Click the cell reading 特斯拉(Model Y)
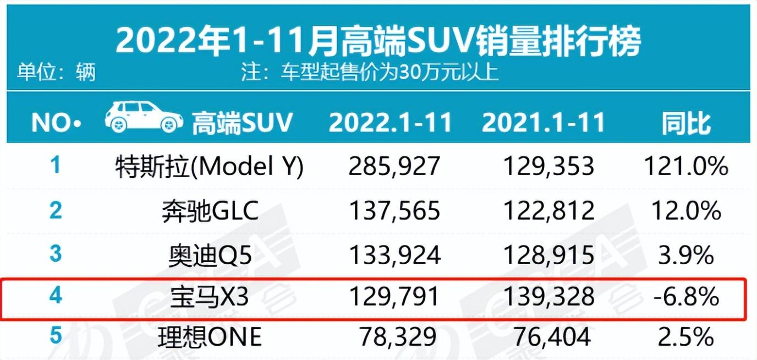coord(210,166)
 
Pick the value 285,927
coord(394,166)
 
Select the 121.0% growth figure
coord(686,166)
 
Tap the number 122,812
coord(548,211)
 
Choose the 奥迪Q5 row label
coord(210,254)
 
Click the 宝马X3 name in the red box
coord(210,298)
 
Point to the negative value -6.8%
coord(687,298)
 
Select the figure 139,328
coord(548,298)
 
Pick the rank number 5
coord(56,336)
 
